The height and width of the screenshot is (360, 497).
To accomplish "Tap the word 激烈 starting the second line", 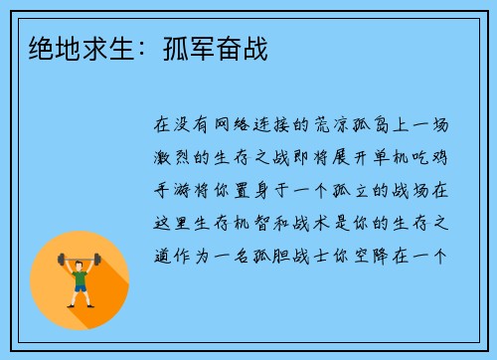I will [x=171, y=157].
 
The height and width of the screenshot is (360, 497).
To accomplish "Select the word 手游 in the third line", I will [x=171, y=189].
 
